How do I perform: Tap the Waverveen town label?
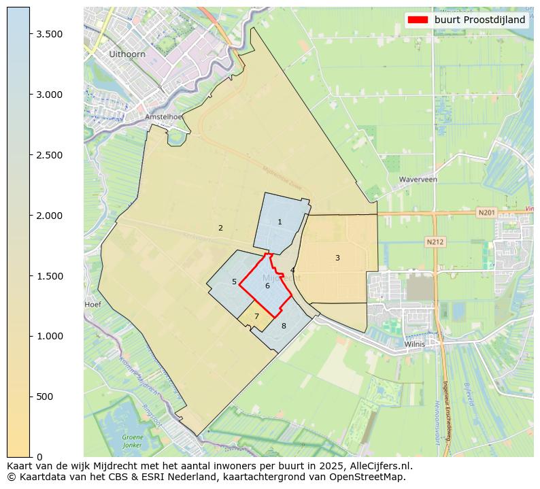418,180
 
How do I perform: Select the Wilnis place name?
414,344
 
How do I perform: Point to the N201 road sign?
486,213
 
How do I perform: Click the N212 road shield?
435,241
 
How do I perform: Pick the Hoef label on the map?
92,305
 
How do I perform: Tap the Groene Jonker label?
133,441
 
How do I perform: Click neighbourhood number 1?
280,222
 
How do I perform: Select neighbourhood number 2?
220,228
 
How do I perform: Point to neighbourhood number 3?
337,258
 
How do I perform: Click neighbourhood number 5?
234,282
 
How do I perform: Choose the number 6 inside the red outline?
267,286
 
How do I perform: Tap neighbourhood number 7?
256,316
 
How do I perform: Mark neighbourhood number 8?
284,326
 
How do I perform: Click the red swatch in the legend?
417,20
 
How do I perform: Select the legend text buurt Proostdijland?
479,20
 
